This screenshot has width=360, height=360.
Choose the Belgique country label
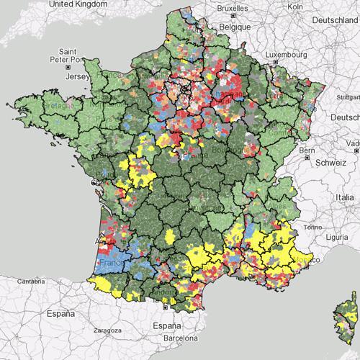[x=235, y=27]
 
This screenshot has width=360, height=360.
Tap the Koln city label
[x=293, y=6]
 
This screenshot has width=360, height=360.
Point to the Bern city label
[x=307, y=150]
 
